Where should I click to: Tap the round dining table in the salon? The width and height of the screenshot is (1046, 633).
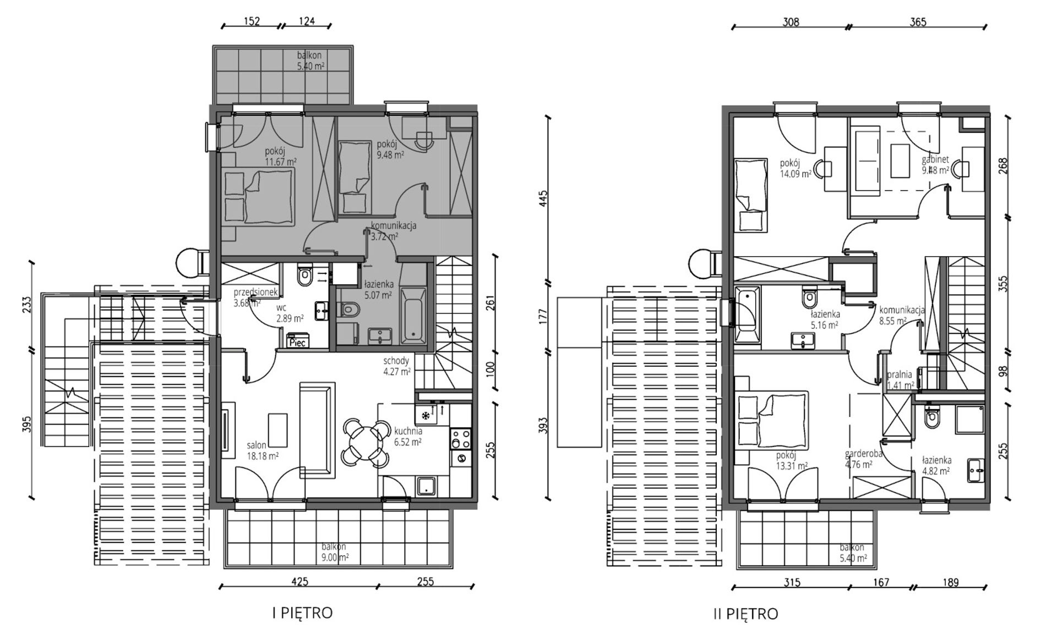(364, 441)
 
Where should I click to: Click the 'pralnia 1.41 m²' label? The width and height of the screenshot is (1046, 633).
(900, 380)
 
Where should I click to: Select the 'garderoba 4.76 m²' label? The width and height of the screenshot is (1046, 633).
(864, 459)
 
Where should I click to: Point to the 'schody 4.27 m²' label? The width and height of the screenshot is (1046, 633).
(397, 366)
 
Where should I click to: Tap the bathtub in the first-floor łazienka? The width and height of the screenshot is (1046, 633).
(412, 313)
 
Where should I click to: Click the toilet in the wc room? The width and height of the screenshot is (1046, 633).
(304, 277)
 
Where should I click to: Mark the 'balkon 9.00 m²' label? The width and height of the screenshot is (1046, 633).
(334, 552)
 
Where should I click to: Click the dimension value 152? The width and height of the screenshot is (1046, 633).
(251, 21)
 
